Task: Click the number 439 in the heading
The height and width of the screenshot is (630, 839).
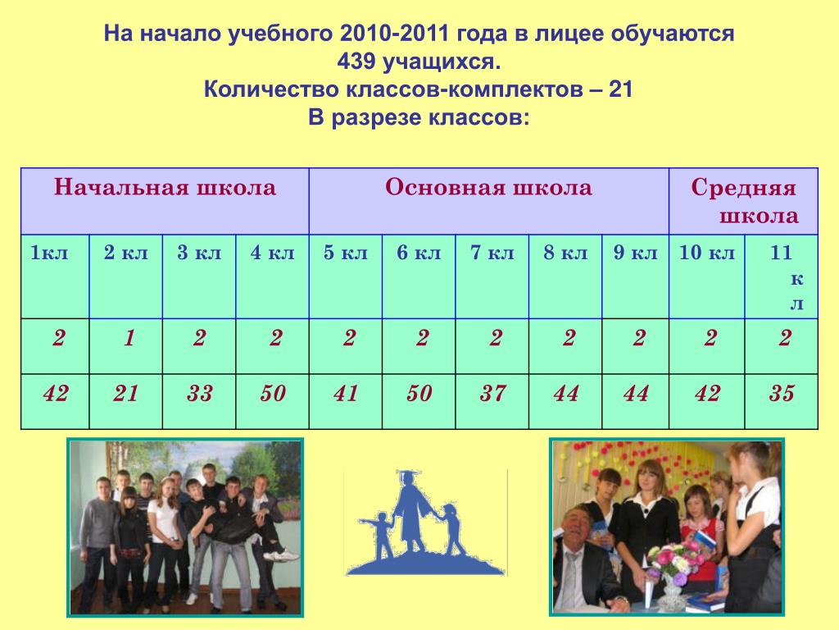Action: [x=356, y=62]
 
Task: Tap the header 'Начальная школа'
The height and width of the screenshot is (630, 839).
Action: [x=165, y=187]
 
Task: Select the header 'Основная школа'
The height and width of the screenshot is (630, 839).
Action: [x=488, y=187]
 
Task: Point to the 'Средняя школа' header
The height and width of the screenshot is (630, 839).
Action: [x=744, y=201]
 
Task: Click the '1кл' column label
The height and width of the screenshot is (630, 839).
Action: [x=49, y=253]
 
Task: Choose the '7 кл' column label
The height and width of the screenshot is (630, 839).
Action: [x=492, y=253]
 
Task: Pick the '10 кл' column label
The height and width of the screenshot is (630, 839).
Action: [x=707, y=253]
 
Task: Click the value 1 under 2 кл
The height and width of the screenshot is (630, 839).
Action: [x=129, y=338]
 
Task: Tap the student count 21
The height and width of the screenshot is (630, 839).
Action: [x=125, y=394]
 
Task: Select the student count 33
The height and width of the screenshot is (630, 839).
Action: [x=200, y=394]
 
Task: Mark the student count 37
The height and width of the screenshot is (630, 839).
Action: [x=492, y=394]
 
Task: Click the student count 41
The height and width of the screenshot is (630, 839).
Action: [x=346, y=394]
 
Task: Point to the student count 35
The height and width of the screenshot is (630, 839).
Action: [x=782, y=394]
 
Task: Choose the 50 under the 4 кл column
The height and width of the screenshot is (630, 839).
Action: [x=273, y=394]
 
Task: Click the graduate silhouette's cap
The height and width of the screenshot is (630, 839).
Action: [x=407, y=475]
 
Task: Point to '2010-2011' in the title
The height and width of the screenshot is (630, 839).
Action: [x=394, y=33]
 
